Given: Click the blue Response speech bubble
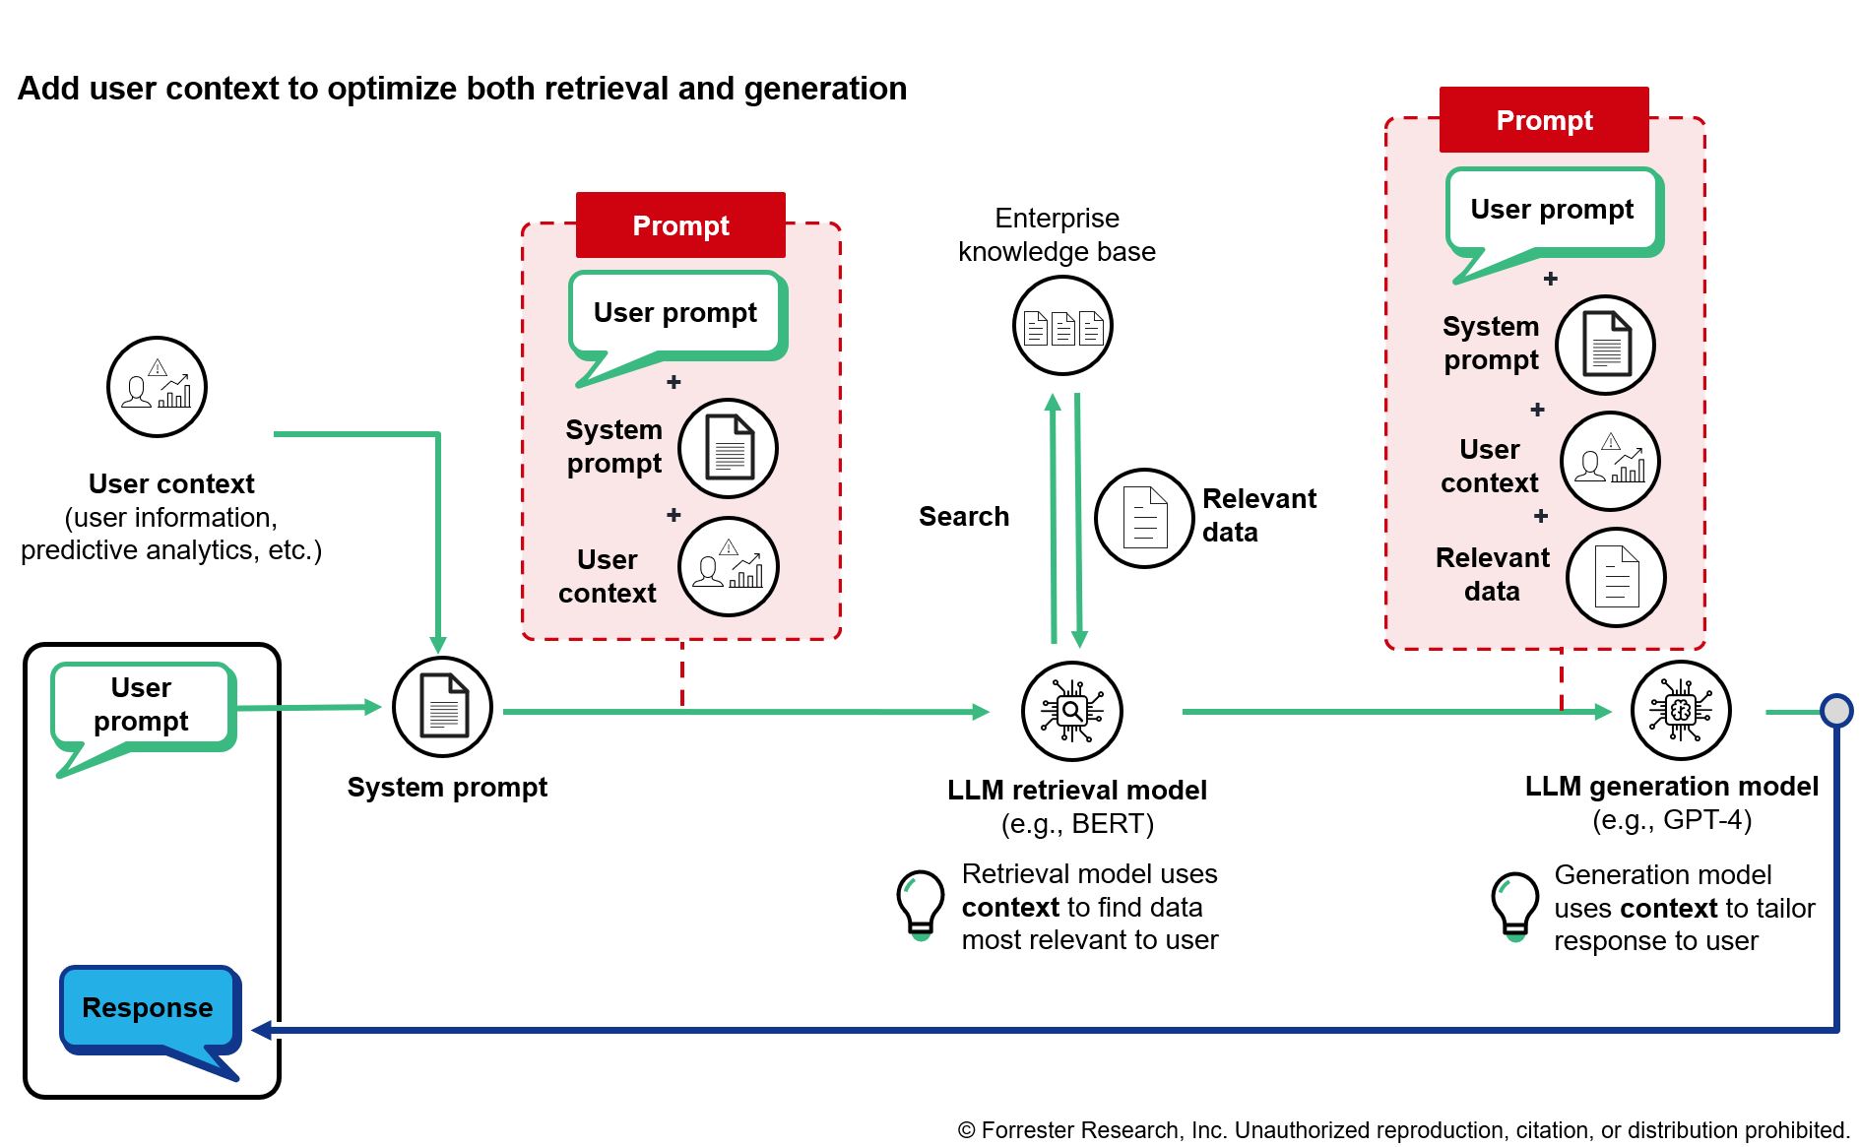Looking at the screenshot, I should [x=148, y=1008].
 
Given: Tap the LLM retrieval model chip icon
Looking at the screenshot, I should [x=1072, y=710].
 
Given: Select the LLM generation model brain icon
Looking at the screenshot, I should [x=1681, y=710].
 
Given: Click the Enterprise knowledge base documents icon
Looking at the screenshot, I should [x=1062, y=326].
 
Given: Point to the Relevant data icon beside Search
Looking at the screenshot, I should [x=1144, y=518].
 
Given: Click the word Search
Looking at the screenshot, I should [x=963, y=517].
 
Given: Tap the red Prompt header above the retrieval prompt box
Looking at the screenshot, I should [x=680, y=225].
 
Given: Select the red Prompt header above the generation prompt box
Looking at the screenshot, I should [x=1544, y=120].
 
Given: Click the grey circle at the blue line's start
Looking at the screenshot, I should [x=1836, y=710].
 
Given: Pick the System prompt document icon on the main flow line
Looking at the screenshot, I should [x=443, y=706].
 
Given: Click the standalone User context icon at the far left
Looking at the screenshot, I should [x=157, y=387].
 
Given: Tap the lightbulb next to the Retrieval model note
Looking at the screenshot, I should [x=921, y=904].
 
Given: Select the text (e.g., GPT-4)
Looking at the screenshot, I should [x=1671, y=820].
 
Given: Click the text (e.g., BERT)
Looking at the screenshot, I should [x=1077, y=823].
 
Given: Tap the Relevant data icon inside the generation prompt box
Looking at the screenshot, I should [x=1615, y=577].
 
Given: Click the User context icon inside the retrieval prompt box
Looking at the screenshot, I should [x=729, y=567].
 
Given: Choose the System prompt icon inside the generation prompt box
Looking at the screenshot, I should [x=1605, y=345].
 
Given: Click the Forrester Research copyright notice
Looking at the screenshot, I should [x=1403, y=1130].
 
